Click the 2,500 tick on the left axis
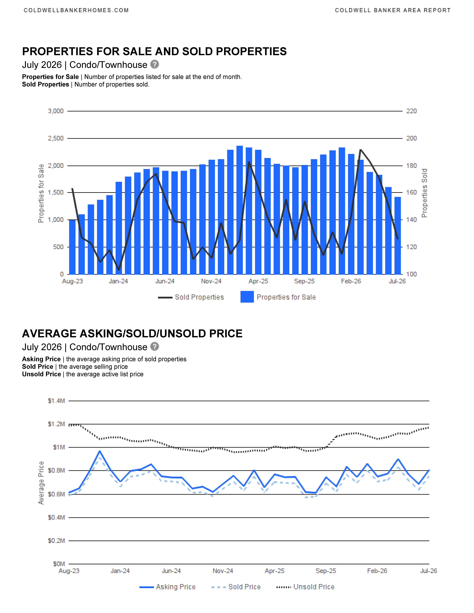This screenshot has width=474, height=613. click(56, 138)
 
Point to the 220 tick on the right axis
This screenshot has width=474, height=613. click(411, 111)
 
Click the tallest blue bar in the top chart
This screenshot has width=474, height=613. click(240, 210)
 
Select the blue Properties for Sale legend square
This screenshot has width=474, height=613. click(247, 297)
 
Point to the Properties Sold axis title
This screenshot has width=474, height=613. click(425, 193)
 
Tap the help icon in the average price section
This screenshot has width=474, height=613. click(154, 347)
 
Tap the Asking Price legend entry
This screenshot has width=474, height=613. click(167, 587)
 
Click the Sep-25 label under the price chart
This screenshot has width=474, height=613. click(326, 571)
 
